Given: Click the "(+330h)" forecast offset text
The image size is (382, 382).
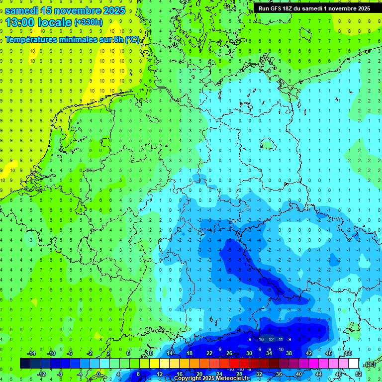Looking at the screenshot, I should click(89, 22).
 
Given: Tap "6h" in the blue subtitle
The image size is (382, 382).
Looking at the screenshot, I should click(117, 40).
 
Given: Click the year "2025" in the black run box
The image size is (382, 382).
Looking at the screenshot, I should click(362, 8).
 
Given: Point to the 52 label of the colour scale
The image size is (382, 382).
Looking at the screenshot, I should click(358, 374).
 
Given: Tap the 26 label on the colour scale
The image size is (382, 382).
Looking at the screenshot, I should click(229, 353).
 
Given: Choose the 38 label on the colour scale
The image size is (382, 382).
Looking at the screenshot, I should click(289, 353).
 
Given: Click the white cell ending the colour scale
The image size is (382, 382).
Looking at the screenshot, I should click(353, 363).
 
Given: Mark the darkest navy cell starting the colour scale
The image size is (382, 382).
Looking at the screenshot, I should click(25, 363).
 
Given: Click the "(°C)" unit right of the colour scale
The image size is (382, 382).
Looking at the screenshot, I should click(370, 364).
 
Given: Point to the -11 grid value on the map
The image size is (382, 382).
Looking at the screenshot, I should click(280, 339).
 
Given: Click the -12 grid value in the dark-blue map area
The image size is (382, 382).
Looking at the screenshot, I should click(270, 339).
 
